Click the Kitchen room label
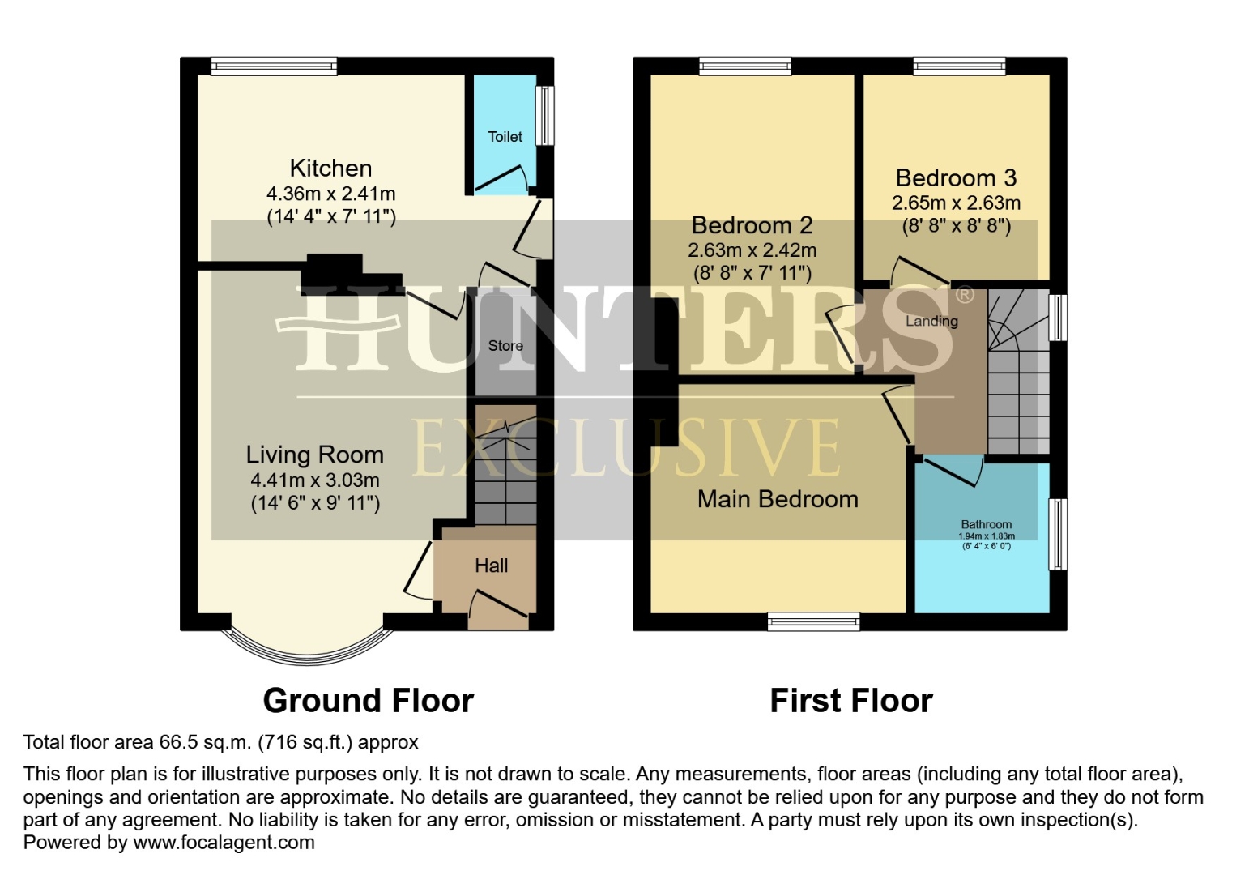click(330, 169)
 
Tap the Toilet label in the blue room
click(505, 137)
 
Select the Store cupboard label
click(505, 346)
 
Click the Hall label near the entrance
click(491, 566)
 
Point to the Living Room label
click(314, 455)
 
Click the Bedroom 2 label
click(752, 225)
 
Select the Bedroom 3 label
click(956, 178)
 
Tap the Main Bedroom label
click(778, 499)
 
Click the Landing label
click(931, 321)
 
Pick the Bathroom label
click(986, 524)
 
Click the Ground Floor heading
click(368, 701)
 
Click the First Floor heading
click(850, 701)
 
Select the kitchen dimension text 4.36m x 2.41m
click(330, 194)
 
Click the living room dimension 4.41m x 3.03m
click(314, 480)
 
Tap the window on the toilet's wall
click(546, 115)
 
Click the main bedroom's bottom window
click(813, 621)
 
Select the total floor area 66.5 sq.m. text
click(220, 742)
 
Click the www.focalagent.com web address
click(224, 843)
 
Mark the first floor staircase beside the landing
click(1018, 373)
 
